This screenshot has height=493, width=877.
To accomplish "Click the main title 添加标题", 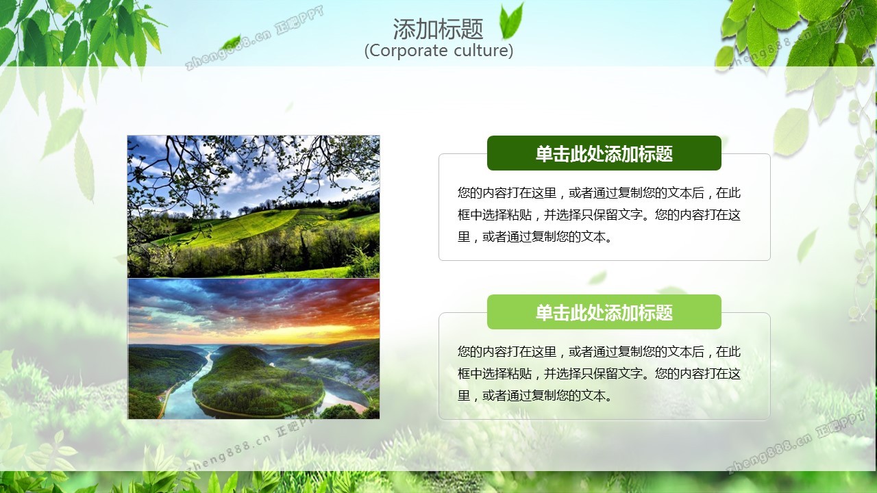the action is click(x=438, y=29).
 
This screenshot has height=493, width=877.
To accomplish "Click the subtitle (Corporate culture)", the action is click(x=438, y=51).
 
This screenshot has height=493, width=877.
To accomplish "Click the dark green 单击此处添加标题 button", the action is click(x=604, y=153).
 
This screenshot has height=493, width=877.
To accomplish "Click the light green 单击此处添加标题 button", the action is click(x=604, y=312).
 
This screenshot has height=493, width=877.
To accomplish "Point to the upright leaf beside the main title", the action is click(x=511, y=21).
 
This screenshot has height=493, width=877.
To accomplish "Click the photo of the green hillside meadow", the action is click(x=254, y=207).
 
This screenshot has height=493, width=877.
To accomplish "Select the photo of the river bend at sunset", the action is click(x=254, y=349).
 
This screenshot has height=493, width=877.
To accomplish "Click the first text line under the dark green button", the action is click(x=599, y=193).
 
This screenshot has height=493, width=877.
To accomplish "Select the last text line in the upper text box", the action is click(x=535, y=237).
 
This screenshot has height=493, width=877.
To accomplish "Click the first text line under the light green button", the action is click(x=599, y=352).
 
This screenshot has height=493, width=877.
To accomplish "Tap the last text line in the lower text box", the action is click(x=535, y=396).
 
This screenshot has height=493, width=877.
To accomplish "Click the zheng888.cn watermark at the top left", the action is click(x=254, y=38).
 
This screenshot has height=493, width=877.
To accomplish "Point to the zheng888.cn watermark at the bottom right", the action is click(x=795, y=442).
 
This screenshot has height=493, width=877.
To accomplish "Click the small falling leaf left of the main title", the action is click(x=231, y=42).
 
